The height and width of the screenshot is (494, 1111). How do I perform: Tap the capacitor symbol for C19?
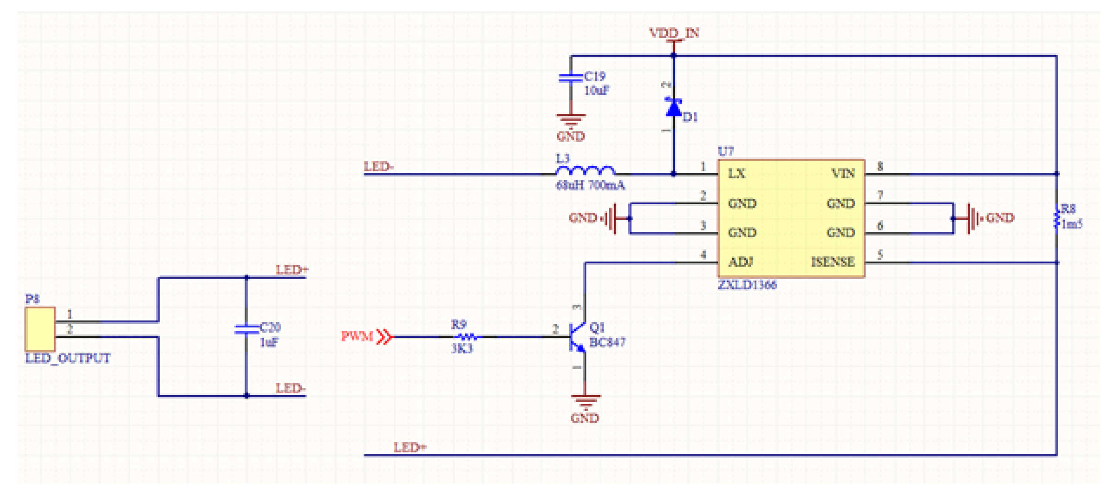tap(570, 78)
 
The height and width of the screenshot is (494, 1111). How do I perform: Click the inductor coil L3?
tap(585, 171)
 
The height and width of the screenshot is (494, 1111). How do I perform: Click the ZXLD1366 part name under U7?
tap(747, 285)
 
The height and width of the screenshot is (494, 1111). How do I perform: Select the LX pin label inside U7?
tap(736, 174)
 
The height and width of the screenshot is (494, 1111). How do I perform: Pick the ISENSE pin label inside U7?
tap(832, 262)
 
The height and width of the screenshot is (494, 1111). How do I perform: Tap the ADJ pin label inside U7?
tap(740, 262)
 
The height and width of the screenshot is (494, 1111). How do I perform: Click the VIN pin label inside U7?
tap(843, 174)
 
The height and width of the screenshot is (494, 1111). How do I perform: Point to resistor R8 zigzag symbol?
tap(1056, 219)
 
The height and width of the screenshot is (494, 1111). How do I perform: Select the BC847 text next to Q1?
tap(607, 343)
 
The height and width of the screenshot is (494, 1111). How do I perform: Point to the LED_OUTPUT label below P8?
tap(68, 359)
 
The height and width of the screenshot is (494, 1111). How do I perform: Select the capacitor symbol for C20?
tap(246, 330)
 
